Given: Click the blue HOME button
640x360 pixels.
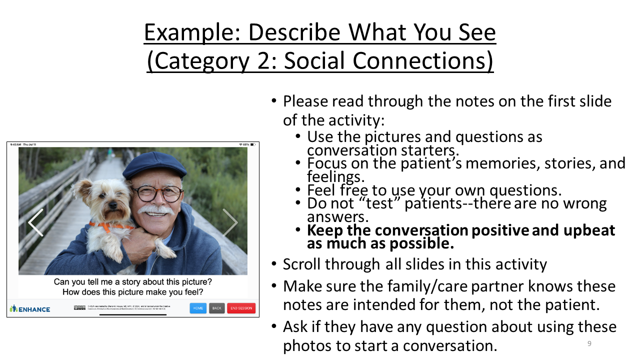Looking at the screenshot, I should click(x=198, y=308).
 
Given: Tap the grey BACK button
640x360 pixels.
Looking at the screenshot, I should click(x=216, y=308).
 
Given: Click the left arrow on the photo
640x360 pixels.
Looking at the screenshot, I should click(x=35, y=222).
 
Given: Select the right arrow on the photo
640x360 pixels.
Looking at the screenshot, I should click(x=230, y=222).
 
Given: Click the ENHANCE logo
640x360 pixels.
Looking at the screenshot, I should click(x=30, y=308).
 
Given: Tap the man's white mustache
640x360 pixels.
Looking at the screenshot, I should click(x=157, y=209).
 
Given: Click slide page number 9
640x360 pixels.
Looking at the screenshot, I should click(x=589, y=343).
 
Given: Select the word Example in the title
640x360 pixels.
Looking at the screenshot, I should click(x=191, y=33).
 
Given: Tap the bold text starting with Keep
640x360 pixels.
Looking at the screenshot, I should click(x=460, y=236).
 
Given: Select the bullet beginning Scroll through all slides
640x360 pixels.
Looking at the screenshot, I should click(x=414, y=264).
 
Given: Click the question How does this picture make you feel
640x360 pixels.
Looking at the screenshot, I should click(x=133, y=292).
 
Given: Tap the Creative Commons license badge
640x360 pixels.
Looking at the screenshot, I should click(x=79, y=307).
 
